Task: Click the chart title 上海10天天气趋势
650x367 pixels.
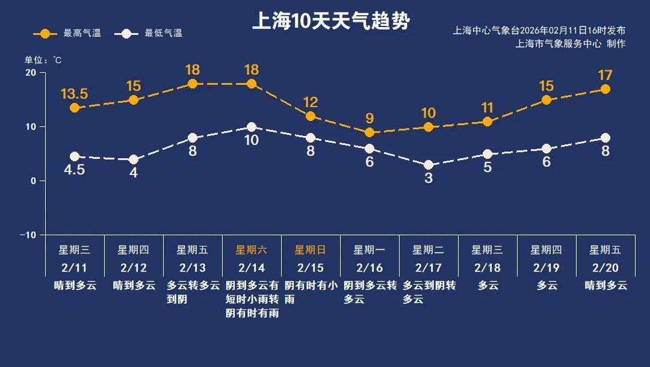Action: click(330, 22)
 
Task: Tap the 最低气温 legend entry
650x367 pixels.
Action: click(150, 34)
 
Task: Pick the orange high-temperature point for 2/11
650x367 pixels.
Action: click(75, 108)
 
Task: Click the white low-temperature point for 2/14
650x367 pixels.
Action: click(252, 127)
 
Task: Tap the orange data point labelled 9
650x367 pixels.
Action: click(370, 132)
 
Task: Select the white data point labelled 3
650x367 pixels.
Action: click(429, 165)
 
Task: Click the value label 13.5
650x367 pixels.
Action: click(75, 94)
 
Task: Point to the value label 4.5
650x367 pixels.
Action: click(75, 170)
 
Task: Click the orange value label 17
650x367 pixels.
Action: click(605, 76)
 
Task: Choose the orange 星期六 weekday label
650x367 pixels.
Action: click(251, 250)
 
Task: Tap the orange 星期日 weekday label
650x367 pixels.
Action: click(310, 250)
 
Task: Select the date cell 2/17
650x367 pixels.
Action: click(428, 267)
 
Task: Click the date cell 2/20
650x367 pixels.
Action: click(605, 267)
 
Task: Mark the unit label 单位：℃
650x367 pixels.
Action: click(43, 60)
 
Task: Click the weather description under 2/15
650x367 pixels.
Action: click(310, 292)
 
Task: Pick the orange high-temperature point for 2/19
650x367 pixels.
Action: click(546, 100)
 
